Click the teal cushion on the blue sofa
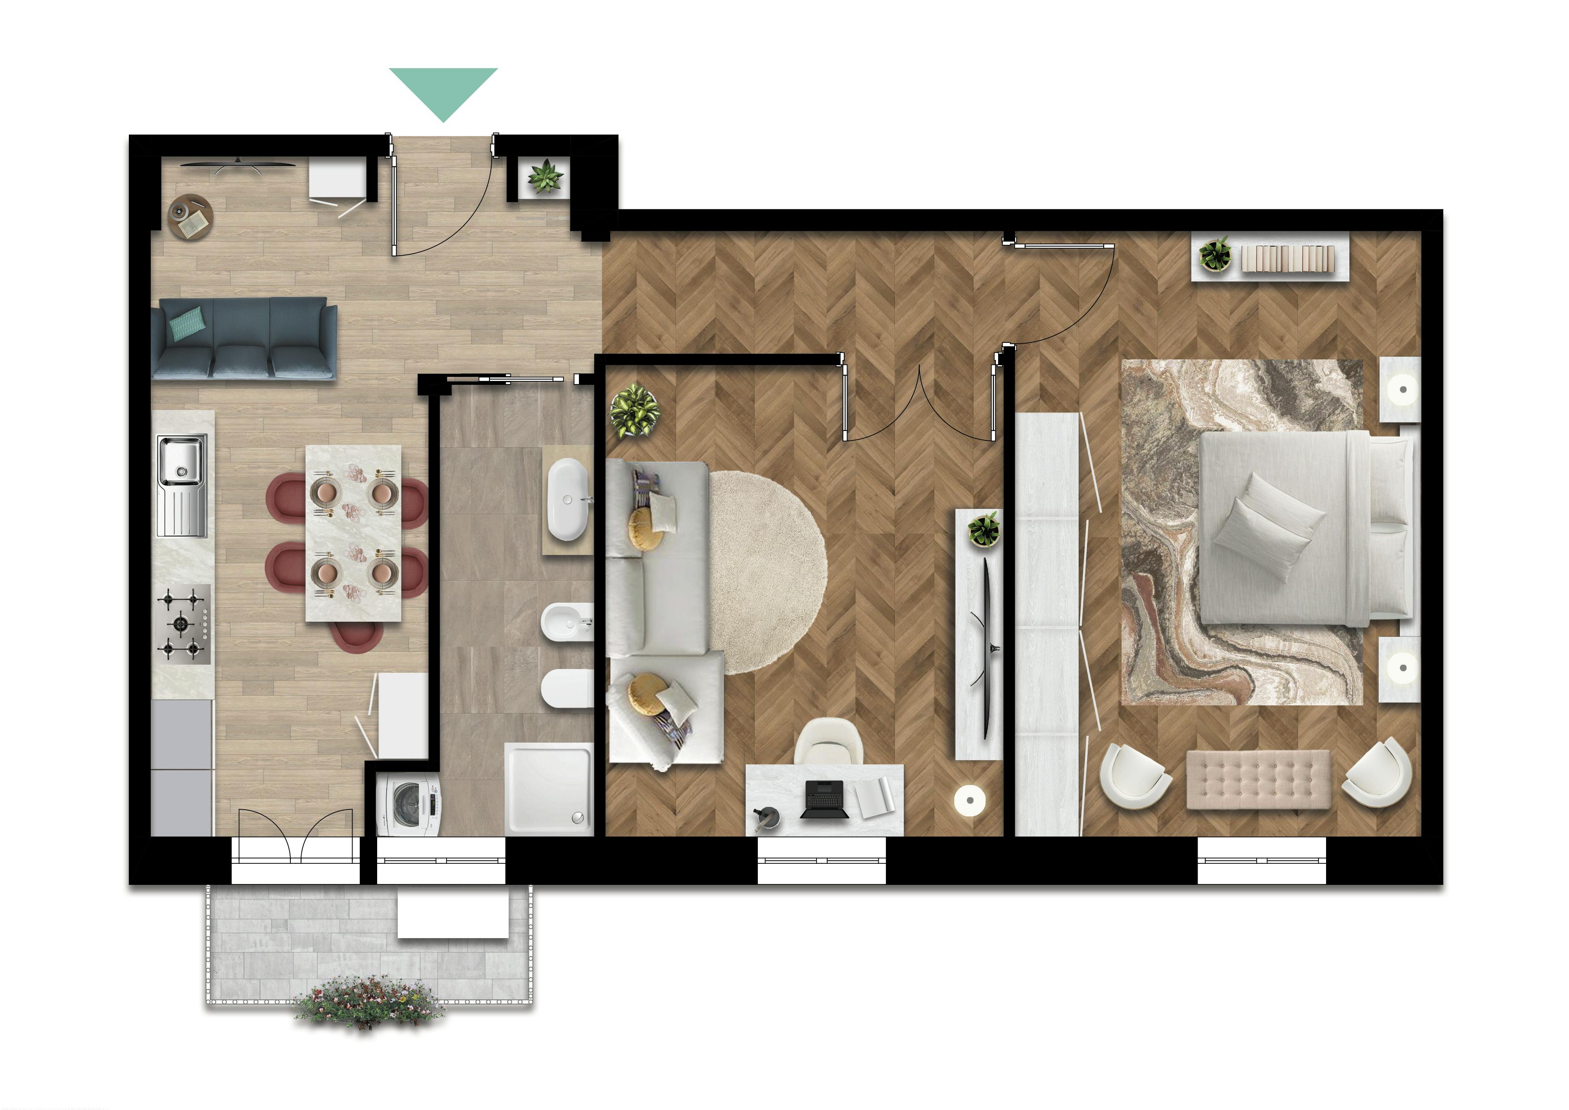coord(186,323)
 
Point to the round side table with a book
coord(191,217)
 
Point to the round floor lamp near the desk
coord(969,800)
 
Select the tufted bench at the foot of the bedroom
coord(1258,779)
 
